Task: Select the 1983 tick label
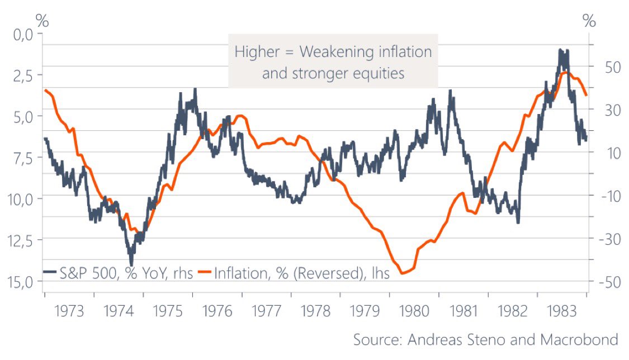point(562,310)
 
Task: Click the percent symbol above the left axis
point(42,20)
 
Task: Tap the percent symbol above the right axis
point(589,20)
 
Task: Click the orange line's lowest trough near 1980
point(403,273)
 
